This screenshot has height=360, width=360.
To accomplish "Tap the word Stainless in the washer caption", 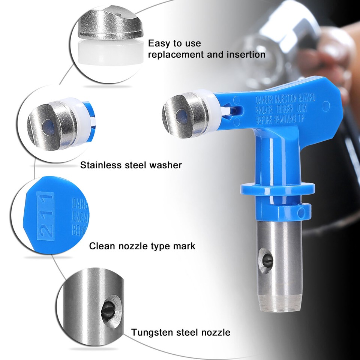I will pyautogui.click(x=101, y=165).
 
